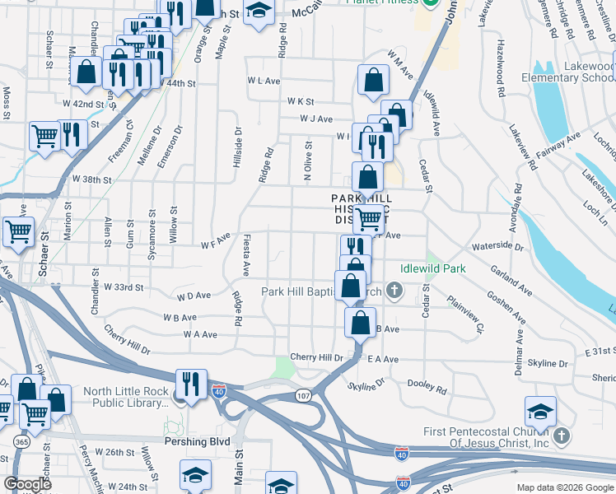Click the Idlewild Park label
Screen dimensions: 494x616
tap(433, 268)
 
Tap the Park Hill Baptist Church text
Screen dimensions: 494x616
tap(321, 291)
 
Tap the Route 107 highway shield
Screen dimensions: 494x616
tap(303, 396)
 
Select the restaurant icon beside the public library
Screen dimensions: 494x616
tap(191, 383)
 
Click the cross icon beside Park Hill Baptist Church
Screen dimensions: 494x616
tap(395, 290)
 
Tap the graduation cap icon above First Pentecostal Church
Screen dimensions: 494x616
tap(540, 410)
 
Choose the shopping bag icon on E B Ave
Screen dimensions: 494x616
tap(360, 322)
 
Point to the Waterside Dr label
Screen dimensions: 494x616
tap(497, 246)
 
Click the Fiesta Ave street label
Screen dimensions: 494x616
tap(245, 255)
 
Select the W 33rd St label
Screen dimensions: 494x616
tap(124, 287)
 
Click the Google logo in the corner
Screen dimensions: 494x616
tap(27, 484)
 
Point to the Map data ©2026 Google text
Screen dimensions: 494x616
tap(564, 487)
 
